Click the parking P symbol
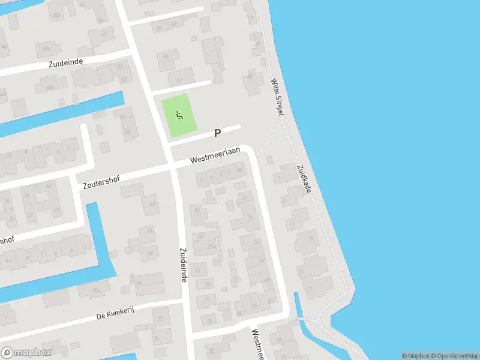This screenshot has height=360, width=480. click(218, 133)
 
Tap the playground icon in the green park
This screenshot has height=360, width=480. click(179, 114)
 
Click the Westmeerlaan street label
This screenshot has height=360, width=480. click(215, 155)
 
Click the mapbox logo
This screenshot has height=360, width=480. click(26, 352)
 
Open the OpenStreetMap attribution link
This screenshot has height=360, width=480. click(454, 356)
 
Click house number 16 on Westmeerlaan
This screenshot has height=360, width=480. click(249, 216)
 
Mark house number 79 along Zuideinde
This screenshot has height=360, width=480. click(207, 299)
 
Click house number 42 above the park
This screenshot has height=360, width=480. click(179, 79)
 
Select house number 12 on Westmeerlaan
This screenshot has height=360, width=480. click(244, 197)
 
